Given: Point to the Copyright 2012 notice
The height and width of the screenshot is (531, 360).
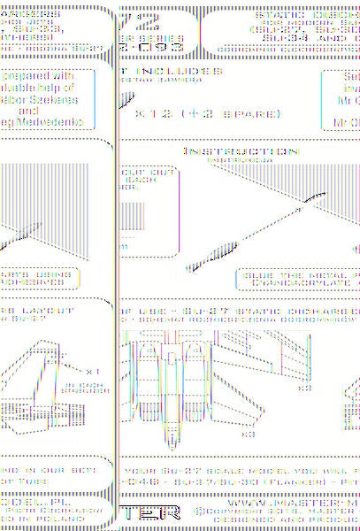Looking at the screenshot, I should [265, 511].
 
